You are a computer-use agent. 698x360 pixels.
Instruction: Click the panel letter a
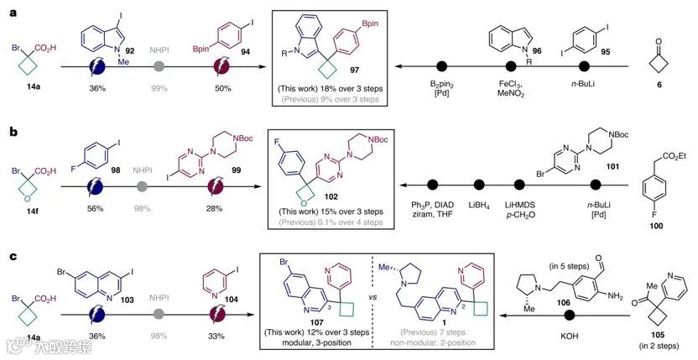[x=8, y=9]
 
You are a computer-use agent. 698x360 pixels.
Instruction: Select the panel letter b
[x=8, y=128]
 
